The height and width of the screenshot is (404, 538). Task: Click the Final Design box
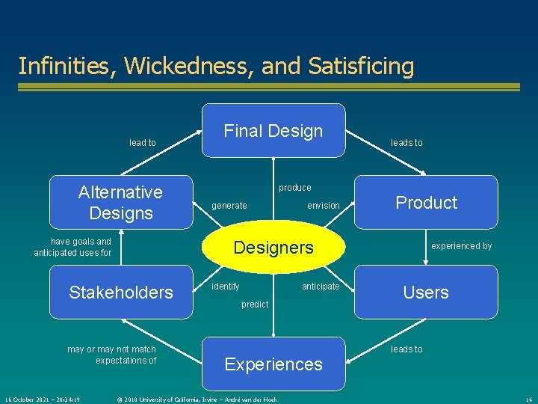[x=273, y=131]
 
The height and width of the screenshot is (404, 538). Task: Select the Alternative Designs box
[x=120, y=202]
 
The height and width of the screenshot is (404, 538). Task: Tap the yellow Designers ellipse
[x=273, y=248]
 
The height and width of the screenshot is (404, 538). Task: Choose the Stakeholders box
[x=120, y=292]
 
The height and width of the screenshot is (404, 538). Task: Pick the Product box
[x=426, y=202]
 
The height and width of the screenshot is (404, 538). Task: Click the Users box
[x=426, y=292]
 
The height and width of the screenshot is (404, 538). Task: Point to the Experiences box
[x=273, y=364]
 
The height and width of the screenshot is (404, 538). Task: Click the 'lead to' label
[x=143, y=143]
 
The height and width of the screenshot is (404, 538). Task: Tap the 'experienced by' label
[x=461, y=246]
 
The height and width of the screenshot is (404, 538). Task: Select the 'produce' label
[x=294, y=188]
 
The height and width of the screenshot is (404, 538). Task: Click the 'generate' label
[x=229, y=206]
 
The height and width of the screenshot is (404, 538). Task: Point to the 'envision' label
[x=324, y=206]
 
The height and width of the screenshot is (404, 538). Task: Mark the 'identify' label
[x=226, y=287]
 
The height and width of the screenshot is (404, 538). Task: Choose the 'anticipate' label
[x=321, y=287]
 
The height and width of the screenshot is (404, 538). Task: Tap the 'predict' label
[x=255, y=304]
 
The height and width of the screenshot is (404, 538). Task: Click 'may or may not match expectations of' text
[x=112, y=355]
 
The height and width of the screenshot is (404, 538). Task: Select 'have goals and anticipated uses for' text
[x=72, y=247]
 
